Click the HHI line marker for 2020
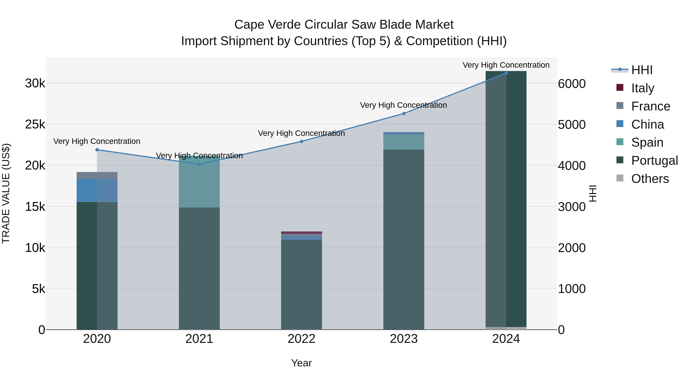97,150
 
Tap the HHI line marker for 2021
199,164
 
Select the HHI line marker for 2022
302,142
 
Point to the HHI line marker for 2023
404,114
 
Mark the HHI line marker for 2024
506,73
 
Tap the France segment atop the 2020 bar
97,175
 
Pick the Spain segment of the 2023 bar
404,142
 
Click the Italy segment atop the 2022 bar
302,233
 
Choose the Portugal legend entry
654,161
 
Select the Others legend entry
650,179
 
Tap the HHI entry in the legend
642,70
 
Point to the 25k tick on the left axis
35,124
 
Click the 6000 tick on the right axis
572,84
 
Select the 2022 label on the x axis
302,339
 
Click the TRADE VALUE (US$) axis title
6,193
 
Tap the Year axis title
302,363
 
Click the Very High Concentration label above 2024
506,65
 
